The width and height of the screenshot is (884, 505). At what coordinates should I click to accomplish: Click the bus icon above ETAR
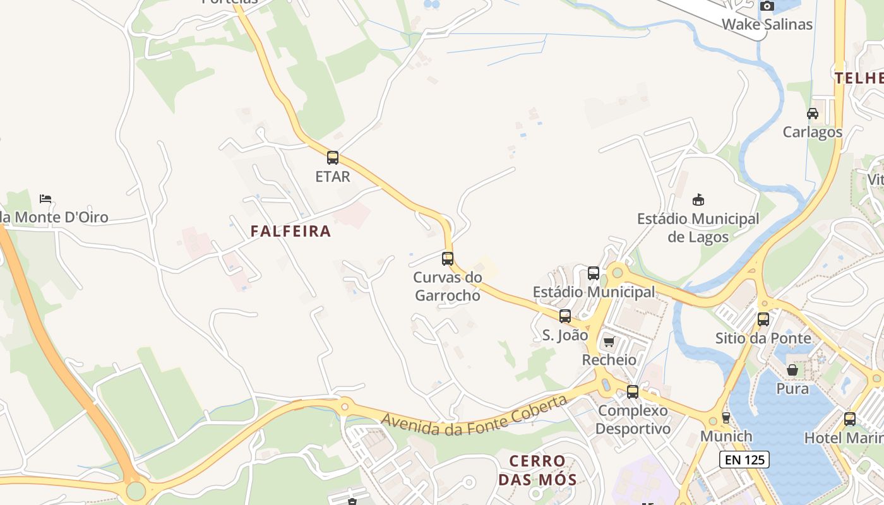point(333,158)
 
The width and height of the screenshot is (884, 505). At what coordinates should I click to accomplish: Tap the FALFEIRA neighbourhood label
point(290,231)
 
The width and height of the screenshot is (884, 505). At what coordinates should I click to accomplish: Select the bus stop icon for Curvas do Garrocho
point(448,258)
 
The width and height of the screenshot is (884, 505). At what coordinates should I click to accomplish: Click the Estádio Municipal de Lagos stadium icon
point(698,200)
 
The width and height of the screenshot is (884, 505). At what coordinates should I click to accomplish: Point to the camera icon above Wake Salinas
point(767,6)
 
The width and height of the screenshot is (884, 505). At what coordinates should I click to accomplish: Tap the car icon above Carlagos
point(813,114)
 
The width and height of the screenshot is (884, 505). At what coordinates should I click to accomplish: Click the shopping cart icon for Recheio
point(609,342)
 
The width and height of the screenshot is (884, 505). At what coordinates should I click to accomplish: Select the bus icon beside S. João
point(565,316)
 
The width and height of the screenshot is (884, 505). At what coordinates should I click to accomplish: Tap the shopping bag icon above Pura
point(792,370)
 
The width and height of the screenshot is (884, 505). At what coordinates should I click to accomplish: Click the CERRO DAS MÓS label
point(537,470)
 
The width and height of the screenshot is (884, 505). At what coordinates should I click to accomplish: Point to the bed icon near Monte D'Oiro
point(45,198)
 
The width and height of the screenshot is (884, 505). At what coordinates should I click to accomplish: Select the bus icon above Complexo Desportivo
point(633,391)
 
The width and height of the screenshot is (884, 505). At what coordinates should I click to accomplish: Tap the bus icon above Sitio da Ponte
point(763,319)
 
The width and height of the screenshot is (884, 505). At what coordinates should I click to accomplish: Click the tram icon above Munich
point(726,417)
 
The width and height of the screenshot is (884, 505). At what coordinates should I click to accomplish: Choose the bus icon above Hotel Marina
point(850,419)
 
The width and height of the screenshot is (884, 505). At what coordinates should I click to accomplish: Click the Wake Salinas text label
point(767,25)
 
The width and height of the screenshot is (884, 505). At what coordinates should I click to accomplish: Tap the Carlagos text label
point(812,132)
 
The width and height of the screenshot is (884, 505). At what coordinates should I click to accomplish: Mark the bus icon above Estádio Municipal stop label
point(594,273)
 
